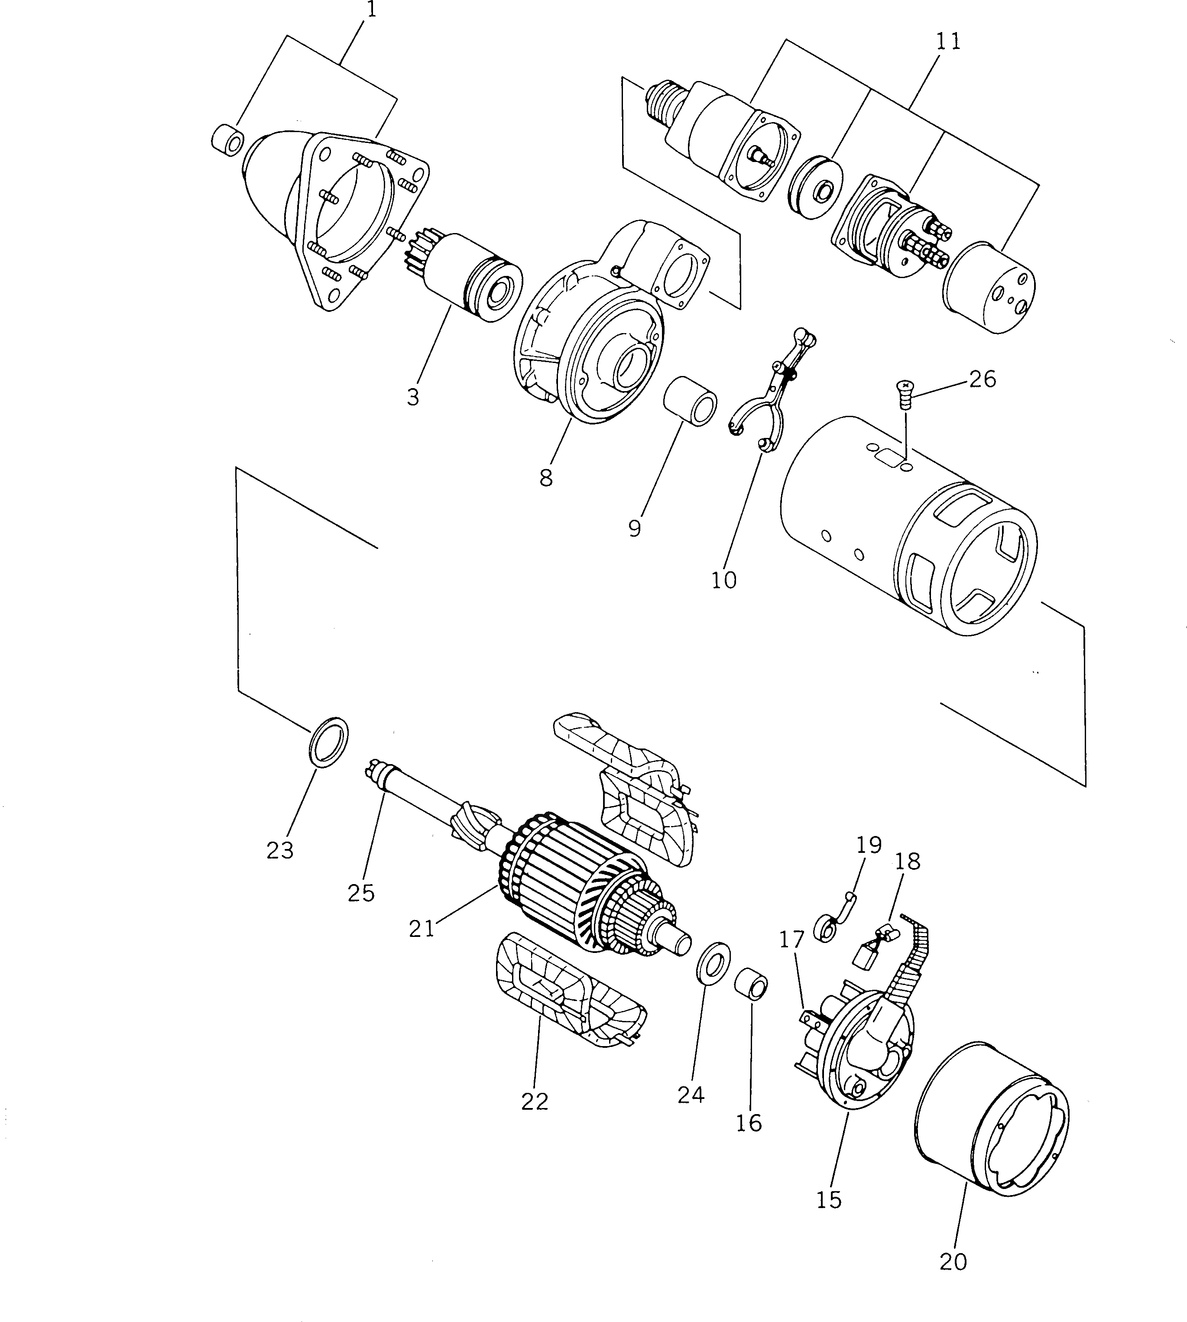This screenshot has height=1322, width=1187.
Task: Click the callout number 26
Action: tap(982, 379)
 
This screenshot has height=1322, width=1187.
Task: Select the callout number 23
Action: tap(280, 850)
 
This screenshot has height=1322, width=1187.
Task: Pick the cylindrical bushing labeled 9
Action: tap(691, 400)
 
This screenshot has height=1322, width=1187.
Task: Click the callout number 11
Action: tap(948, 41)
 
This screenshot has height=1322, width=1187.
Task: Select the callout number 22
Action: tap(535, 1101)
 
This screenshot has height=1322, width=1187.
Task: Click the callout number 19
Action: tap(869, 845)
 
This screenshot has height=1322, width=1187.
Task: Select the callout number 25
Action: tap(361, 893)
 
